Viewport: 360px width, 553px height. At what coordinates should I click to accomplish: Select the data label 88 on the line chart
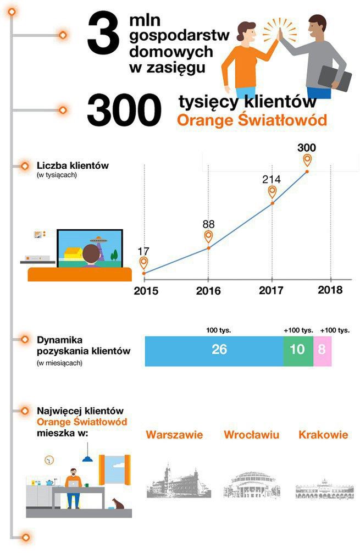coord(208,224)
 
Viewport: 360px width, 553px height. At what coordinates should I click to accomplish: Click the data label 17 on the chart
coord(143,251)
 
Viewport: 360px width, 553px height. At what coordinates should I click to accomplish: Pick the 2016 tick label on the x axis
coord(208,291)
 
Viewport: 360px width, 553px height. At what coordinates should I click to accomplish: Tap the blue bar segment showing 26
coord(214,350)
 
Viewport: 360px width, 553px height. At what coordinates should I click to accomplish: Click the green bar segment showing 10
coord(297,350)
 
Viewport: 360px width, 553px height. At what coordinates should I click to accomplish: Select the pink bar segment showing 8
coord(322,350)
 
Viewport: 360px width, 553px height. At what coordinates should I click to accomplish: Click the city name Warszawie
coord(174,435)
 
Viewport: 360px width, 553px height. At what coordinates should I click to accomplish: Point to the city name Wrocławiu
coord(251,435)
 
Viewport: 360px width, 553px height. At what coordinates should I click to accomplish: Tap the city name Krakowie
coord(323,435)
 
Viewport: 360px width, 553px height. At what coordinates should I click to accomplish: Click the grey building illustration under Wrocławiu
coord(252,484)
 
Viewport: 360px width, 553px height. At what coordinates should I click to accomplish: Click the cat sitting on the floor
coord(117,504)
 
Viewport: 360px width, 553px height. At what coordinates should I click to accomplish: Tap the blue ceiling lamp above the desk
coord(87,458)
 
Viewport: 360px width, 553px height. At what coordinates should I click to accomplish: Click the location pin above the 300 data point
coord(307,160)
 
